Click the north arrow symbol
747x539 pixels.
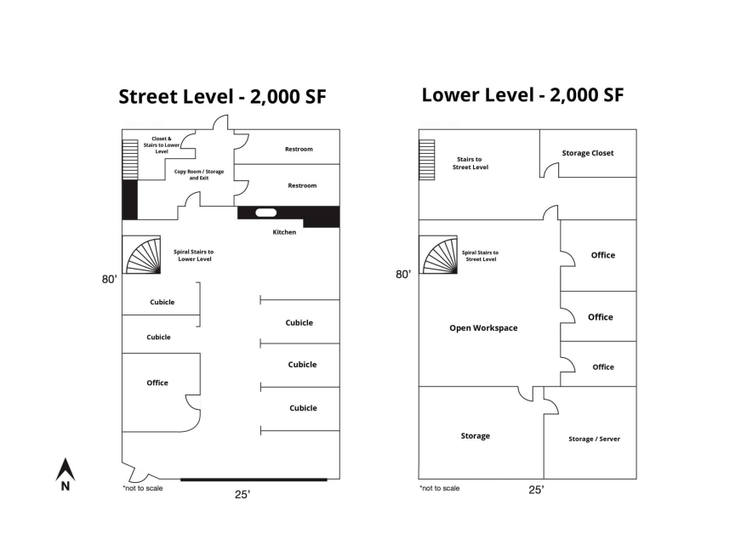(x=66, y=474)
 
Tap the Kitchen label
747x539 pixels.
(x=284, y=232)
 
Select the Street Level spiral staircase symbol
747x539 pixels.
(x=141, y=254)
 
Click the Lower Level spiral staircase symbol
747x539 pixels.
(x=438, y=254)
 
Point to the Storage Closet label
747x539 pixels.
(x=587, y=153)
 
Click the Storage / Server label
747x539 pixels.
(x=594, y=439)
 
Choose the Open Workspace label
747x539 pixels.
(x=483, y=328)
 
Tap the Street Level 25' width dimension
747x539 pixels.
(x=242, y=495)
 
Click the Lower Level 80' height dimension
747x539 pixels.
(x=403, y=275)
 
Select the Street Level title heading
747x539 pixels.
(x=222, y=97)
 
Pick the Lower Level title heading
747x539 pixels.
(x=522, y=94)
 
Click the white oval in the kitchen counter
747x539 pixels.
(x=265, y=213)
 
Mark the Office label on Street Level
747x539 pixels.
(x=157, y=383)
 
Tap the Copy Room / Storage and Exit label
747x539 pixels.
(x=198, y=175)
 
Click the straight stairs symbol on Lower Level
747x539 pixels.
(x=427, y=160)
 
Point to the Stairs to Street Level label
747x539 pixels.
(x=470, y=163)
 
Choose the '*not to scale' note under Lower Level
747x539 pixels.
(x=439, y=488)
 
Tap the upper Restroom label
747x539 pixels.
(x=299, y=149)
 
